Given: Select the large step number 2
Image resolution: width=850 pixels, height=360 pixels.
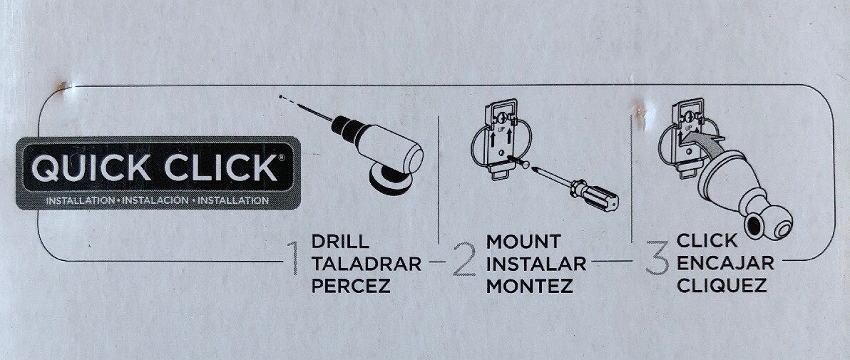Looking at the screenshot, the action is (x=464, y=259).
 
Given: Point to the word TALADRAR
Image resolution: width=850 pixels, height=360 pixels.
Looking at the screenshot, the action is (x=367, y=264).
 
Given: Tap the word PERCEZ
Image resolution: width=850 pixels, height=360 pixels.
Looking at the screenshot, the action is (x=352, y=287).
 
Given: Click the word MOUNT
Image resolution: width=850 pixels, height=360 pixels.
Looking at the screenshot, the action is (x=523, y=241).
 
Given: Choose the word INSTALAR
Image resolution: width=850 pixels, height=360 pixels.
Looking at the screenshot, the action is (x=536, y=264).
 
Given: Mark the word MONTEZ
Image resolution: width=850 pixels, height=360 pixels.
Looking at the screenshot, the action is (x=530, y=287).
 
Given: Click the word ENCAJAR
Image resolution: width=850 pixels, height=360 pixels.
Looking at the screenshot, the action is (x=725, y=263).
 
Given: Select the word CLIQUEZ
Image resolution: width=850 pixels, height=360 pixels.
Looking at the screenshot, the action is (x=722, y=286).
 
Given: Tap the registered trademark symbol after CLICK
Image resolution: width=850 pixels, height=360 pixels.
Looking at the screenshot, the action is (x=281, y=158).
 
